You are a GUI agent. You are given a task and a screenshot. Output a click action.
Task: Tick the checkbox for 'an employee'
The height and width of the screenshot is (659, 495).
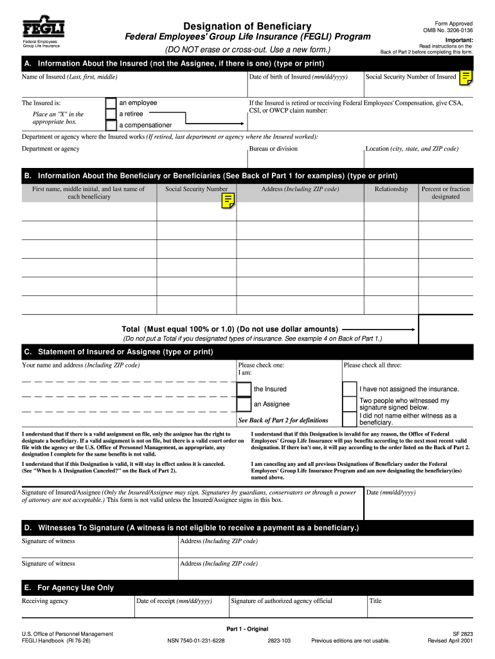coord(111,103)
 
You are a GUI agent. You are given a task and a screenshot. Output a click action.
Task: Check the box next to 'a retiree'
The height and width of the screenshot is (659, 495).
coord(111,114)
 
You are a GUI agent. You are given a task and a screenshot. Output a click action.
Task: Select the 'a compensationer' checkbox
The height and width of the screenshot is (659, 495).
coord(111,125)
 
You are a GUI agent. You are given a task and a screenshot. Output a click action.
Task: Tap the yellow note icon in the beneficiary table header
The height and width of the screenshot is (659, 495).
coord(228,201)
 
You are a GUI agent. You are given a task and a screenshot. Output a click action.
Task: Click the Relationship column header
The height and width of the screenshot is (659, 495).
coord(391,189)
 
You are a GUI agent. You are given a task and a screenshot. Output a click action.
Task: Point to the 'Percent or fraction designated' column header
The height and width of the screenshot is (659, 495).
coord(446,193)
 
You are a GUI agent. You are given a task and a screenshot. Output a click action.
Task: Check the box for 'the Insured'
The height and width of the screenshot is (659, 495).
coord(244,389)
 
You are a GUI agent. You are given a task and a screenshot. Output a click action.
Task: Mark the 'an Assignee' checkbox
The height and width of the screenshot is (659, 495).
coord(244,404)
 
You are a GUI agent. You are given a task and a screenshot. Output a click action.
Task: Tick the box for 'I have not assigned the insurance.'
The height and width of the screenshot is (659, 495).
coord(349,389)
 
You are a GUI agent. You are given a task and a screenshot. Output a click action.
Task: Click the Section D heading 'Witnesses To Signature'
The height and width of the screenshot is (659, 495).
coord(192,528)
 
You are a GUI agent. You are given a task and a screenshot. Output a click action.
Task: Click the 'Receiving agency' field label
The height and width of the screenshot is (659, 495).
coord(45,601)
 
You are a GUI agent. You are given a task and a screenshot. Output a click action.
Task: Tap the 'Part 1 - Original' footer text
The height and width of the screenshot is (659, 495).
coord(248,629)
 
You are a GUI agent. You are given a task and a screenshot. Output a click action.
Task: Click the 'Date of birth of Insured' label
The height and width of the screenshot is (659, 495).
coord(298,77)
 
